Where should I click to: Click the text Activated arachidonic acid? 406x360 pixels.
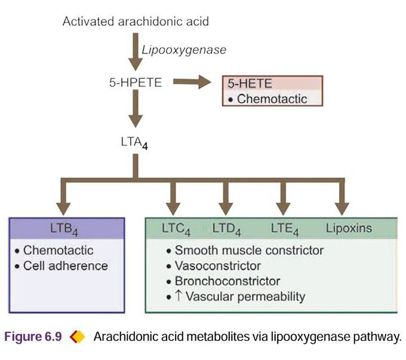pyautogui.click(x=136, y=22)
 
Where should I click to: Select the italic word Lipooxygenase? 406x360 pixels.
pyautogui.click(x=184, y=50)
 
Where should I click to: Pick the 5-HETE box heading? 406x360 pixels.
pyautogui.click(x=247, y=84)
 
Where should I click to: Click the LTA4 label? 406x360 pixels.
pyautogui.click(x=134, y=143)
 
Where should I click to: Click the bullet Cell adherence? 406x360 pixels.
pyautogui.click(x=65, y=266)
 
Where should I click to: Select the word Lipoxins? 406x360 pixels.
pyautogui.click(x=349, y=228)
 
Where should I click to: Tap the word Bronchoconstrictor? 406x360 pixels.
pyautogui.click(x=227, y=281)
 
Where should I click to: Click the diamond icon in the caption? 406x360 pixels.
pyautogui.click(x=78, y=337)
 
